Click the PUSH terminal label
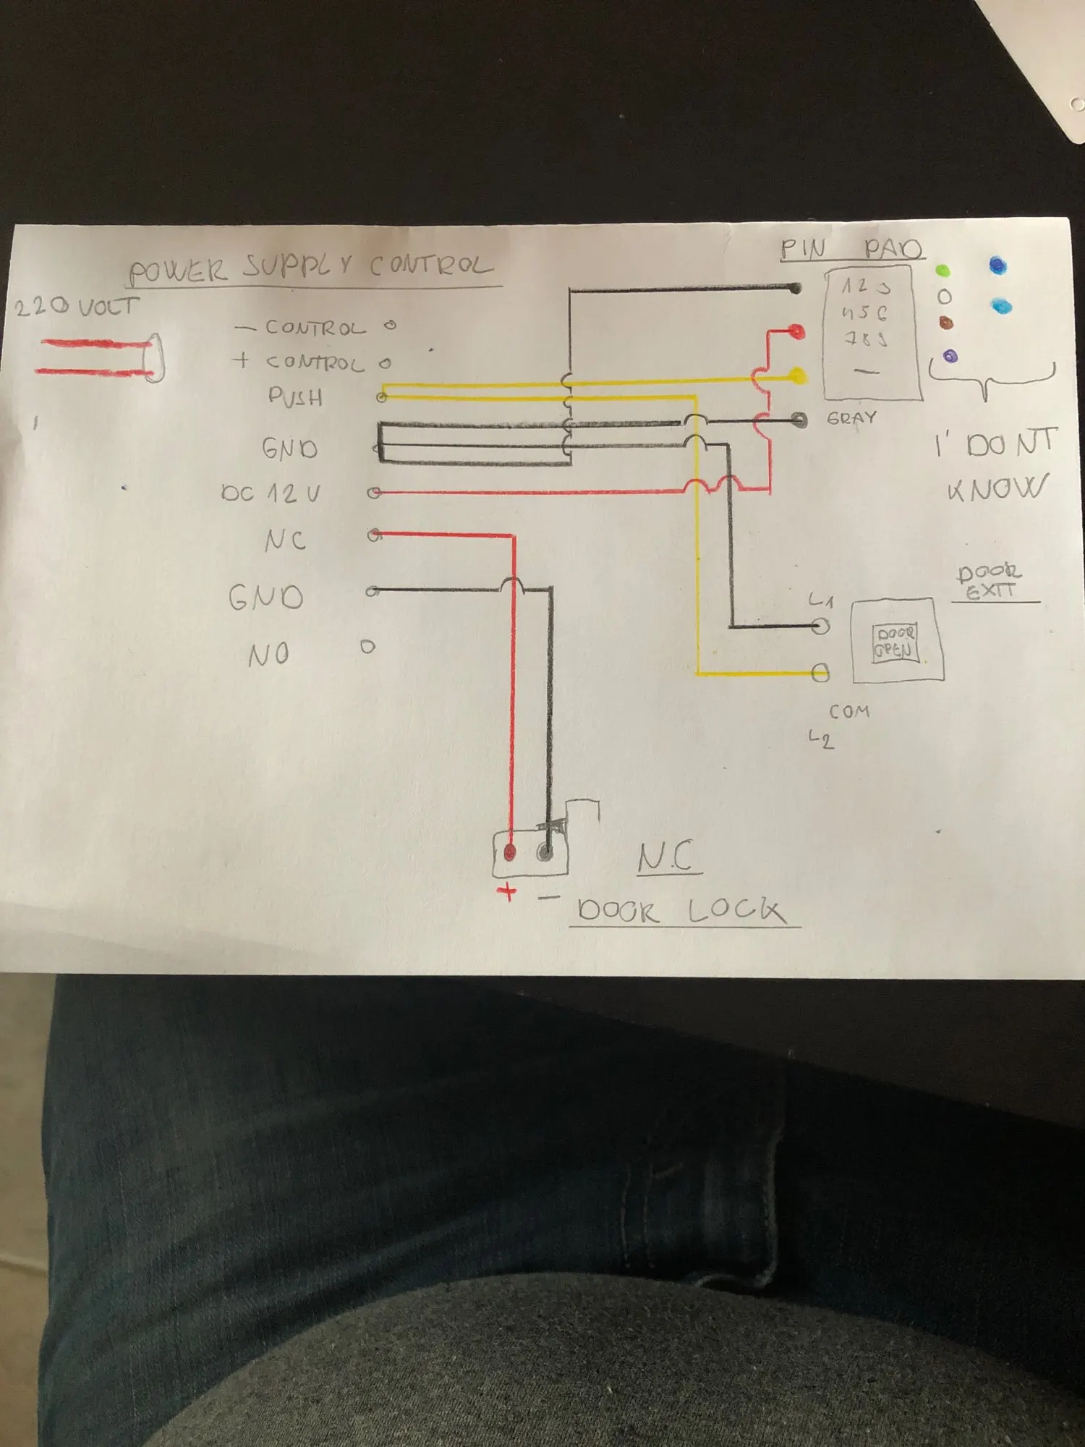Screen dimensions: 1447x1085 pyautogui.click(x=295, y=396)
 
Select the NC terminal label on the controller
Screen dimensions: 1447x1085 pyautogui.click(x=285, y=540)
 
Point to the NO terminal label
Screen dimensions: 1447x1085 pyautogui.click(x=268, y=655)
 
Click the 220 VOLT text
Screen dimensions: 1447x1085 pyautogui.click(x=76, y=307)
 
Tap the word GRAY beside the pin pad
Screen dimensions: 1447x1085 pyautogui.click(x=851, y=418)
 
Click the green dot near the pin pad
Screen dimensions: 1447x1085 pyautogui.click(x=943, y=271)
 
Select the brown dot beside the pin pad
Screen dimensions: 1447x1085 pyautogui.click(x=945, y=323)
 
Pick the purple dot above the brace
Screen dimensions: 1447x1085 pyautogui.click(x=950, y=356)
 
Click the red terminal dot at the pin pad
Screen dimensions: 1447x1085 pyautogui.click(x=796, y=332)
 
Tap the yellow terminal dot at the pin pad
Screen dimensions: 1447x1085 pyautogui.click(x=797, y=375)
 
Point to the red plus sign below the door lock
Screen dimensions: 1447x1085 pyautogui.click(x=508, y=891)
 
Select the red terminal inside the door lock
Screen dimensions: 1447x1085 pyautogui.click(x=509, y=852)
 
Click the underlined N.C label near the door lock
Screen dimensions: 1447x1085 pyautogui.click(x=666, y=857)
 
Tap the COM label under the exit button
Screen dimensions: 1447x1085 pyautogui.click(x=849, y=711)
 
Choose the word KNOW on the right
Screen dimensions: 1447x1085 pyautogui.click(x=997, y=489)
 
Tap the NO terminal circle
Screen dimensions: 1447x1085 pyautogui.click(x=367, y=647)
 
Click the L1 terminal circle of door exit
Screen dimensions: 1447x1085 pyautogui.click(x=820, y=626)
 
